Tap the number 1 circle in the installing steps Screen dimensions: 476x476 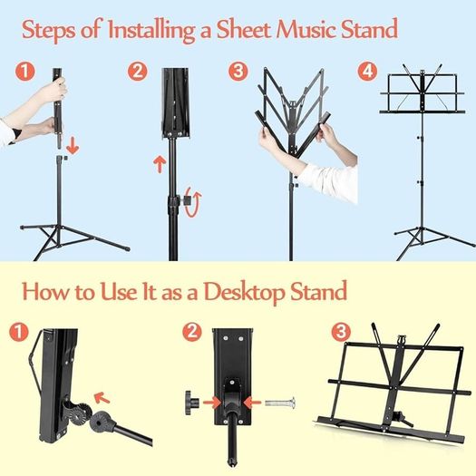pyautogui.click(x=25, y=72)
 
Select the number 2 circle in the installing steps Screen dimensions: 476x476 pyautogui.click(x=138, y=72)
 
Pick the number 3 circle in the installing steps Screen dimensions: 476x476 pyautogui.click(x=238, y=72)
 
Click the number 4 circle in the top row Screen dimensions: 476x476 pyautogui.click(x=367, y=72)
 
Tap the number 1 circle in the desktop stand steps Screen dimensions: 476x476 pyautogui.click(x=19, y=332)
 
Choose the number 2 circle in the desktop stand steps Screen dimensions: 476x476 pyautogui.click(x=192, y=332)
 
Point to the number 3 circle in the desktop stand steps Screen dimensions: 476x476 pyautogui.click(x=341, y=332)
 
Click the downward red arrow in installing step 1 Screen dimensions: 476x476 pyautogui.click(x=73, y=145)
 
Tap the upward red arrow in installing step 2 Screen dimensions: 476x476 pyautogui.click(x=160, y=164)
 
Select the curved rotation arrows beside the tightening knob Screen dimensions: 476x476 pyautogui.click(x=193, y=202)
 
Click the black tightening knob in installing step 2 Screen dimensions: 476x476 pyautogui.click(x=185, y=200)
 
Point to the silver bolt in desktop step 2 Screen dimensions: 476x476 pyautogui.click(x=280, y=403)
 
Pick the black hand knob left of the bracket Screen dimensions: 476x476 pyautogui.click(x=192, y=403)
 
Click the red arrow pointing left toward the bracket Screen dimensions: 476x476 pyautogui.click(x=252, y=403)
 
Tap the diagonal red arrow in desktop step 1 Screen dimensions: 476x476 pyautogui.click(x=102, y=398)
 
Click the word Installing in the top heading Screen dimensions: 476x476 pyautogui.click(x=151, y=30)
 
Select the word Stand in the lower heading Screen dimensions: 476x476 pyautogui.click(x=319, y=291)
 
